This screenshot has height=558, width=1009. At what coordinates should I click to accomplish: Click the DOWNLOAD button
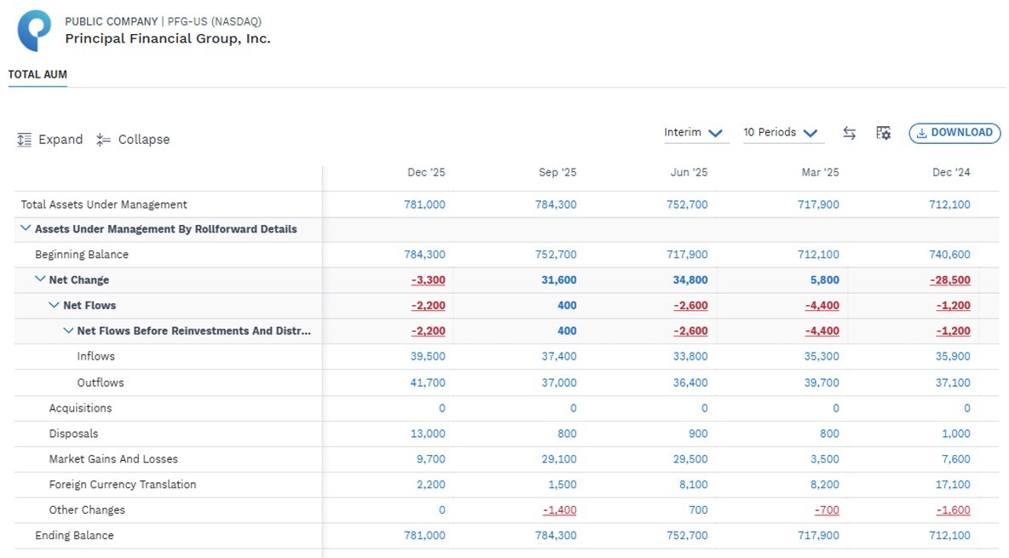pyautogui.click(x=955, y=133)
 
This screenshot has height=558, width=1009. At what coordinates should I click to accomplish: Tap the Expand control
pyautogui.click(x=50, y=140)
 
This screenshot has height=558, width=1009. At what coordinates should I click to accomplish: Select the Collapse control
pyautogui.click(x=133, y=140)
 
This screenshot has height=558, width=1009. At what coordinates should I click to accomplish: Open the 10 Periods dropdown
pyautogui.click(x=781, y=133)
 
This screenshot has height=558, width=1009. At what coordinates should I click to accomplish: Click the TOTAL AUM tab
pyautogui.click(x=37, y=75)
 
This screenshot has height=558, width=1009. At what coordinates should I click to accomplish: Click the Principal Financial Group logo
pyautogui.click(x=34, y=31)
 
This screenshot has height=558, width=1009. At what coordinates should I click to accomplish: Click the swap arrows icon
pyautogui.click(x=850, y=133)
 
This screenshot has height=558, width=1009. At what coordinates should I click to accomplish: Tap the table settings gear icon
pyautogui.click(x=884, y=133)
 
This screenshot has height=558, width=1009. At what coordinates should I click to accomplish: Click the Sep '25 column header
pyautogui.click(x=557, y=172)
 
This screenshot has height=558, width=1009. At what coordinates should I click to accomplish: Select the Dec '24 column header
pyautogui.click(x=951, y=172)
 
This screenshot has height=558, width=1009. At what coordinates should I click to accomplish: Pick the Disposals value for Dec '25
pyautogui.click(x=428, y=434)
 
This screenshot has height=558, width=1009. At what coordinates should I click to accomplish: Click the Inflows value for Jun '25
pyautogui.click(x=690, y=357)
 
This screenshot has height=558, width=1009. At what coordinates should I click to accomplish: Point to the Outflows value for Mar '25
pyautogui.click(x=822, y=383)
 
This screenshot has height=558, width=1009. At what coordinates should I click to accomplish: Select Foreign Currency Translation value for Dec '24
pyautogui.click(x=953, y=485)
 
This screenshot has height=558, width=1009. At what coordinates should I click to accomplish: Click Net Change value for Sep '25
pyautogui.click(x=559, y=280)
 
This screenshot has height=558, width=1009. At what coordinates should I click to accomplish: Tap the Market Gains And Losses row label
pyautogui.click(x=113, y=459)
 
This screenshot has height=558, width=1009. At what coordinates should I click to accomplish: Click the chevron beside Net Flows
pyautogui.click(x=54, y=305)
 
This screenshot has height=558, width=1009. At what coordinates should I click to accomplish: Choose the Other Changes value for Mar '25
pyautogui.click(x=827, y=510)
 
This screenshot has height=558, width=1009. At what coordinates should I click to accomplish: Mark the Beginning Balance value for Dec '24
pyautogui.click(x=950, y=255)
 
